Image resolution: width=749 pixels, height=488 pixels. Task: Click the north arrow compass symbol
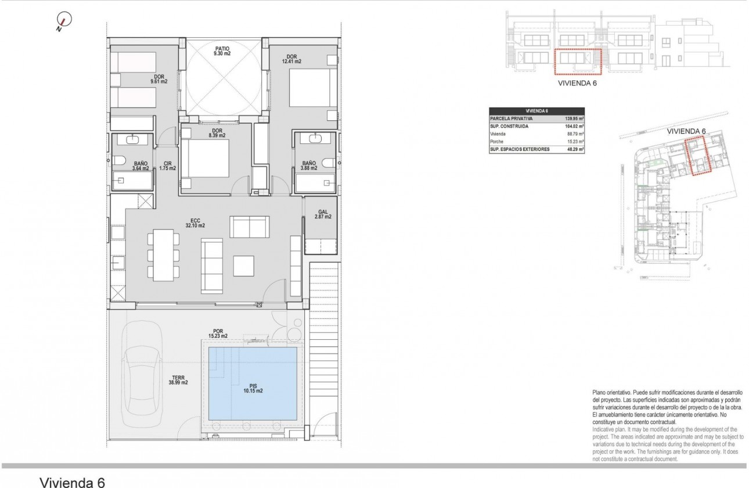pyautogui.click(x=64, y=21)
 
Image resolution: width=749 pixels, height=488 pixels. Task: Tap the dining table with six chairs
pyautogui.click(x=163, y=254)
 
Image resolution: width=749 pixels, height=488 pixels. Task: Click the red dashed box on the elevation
pyautogui.click(x=577, y=62)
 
